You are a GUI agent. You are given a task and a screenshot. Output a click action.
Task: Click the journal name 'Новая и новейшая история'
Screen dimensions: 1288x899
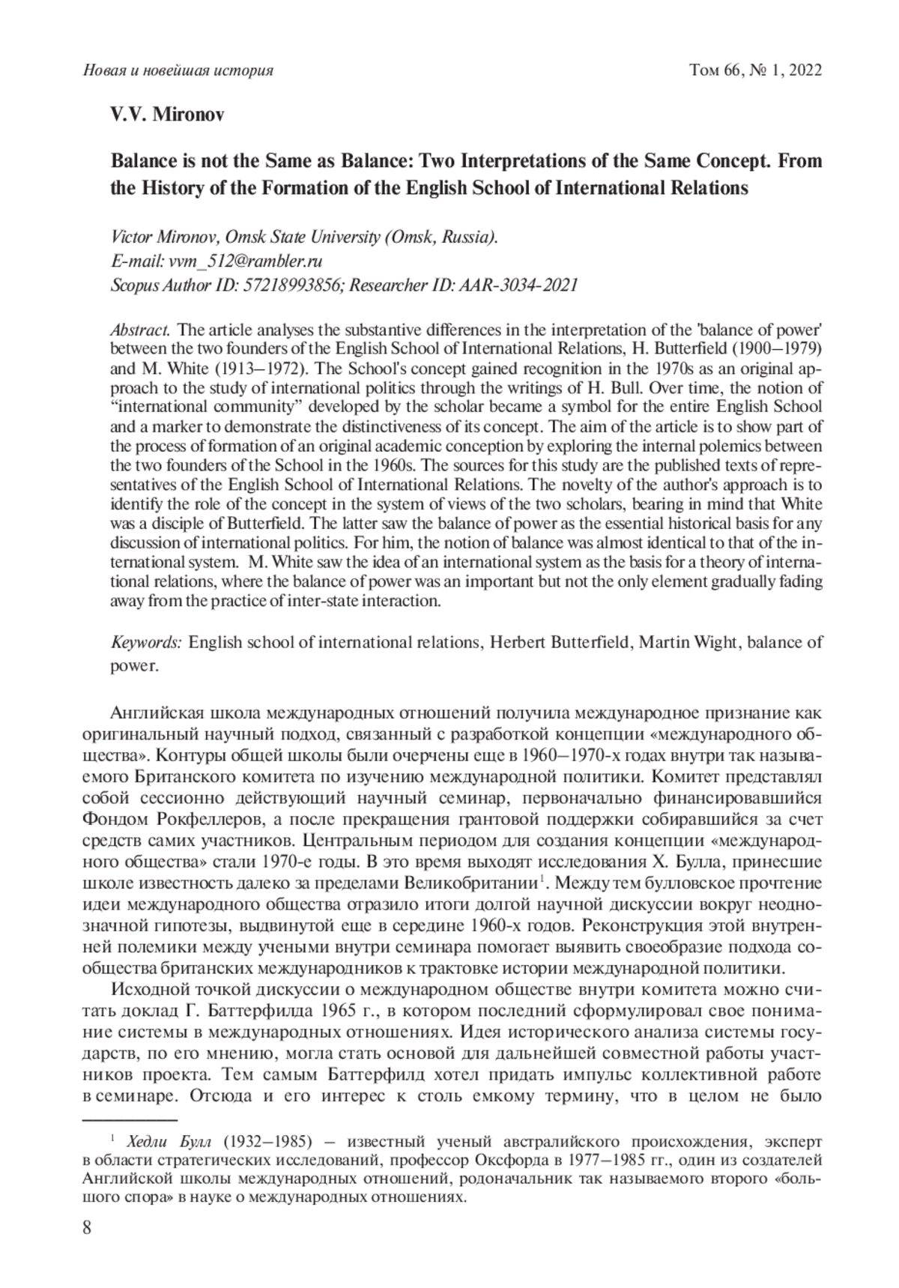click(x=177, y=71)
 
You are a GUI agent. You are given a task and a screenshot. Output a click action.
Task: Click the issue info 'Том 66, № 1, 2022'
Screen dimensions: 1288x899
click(x=755, y=71)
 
